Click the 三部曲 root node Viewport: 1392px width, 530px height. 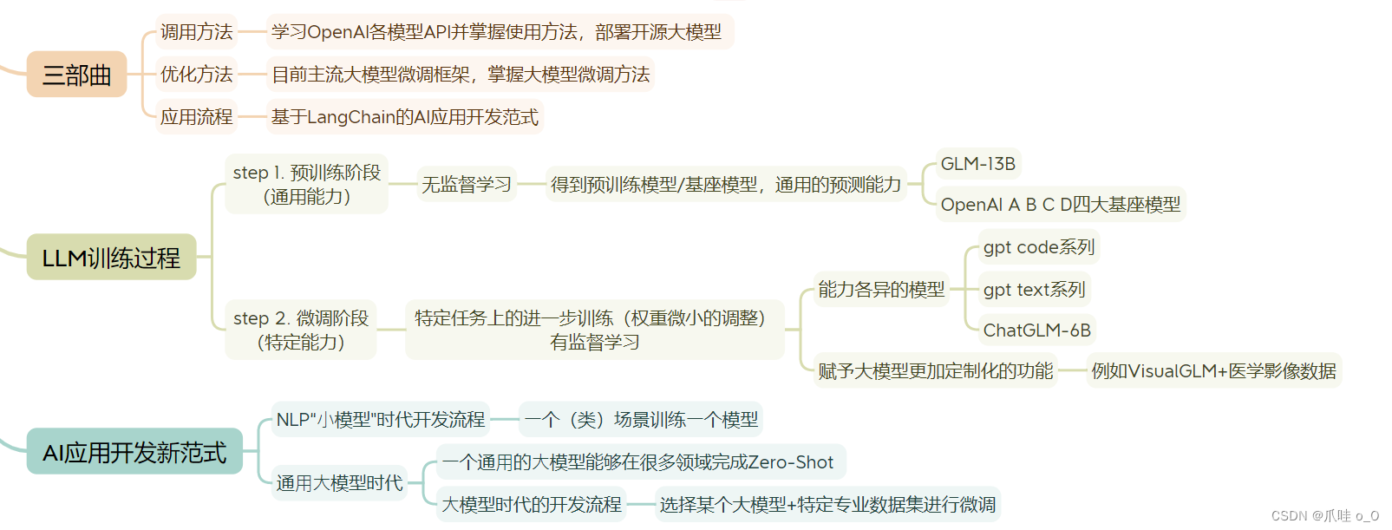coord(76,75)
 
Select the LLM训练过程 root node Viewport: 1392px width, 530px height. coord(111,258)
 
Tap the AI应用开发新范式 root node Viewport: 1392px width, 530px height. coord(134,452)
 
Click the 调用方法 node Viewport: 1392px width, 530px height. coord(196,32)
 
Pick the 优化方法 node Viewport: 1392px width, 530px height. coord(196,75)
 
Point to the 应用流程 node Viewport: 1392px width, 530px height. coord(196,117)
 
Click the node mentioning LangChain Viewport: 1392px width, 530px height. coord(404,117)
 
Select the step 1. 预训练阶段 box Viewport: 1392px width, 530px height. coord(306,184)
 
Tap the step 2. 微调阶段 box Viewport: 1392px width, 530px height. coord(301,330)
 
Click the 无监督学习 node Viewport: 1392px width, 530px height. coord(467,184)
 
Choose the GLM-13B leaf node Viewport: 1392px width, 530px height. coord(977,164)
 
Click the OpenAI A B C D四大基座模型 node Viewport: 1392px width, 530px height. coord(1060,205)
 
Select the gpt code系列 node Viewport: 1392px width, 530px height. coord(1038,247)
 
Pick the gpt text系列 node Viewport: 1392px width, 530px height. coord(1034,290)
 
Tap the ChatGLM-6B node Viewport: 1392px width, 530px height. coord(1036,330)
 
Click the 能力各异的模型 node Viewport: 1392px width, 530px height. coord(881,290)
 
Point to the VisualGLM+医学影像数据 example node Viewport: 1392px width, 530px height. coord(1213,371)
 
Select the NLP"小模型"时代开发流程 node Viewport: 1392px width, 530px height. coord(380,420)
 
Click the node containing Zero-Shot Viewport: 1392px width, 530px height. coord(637,462)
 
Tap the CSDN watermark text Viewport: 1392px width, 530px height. coord(1324,516)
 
